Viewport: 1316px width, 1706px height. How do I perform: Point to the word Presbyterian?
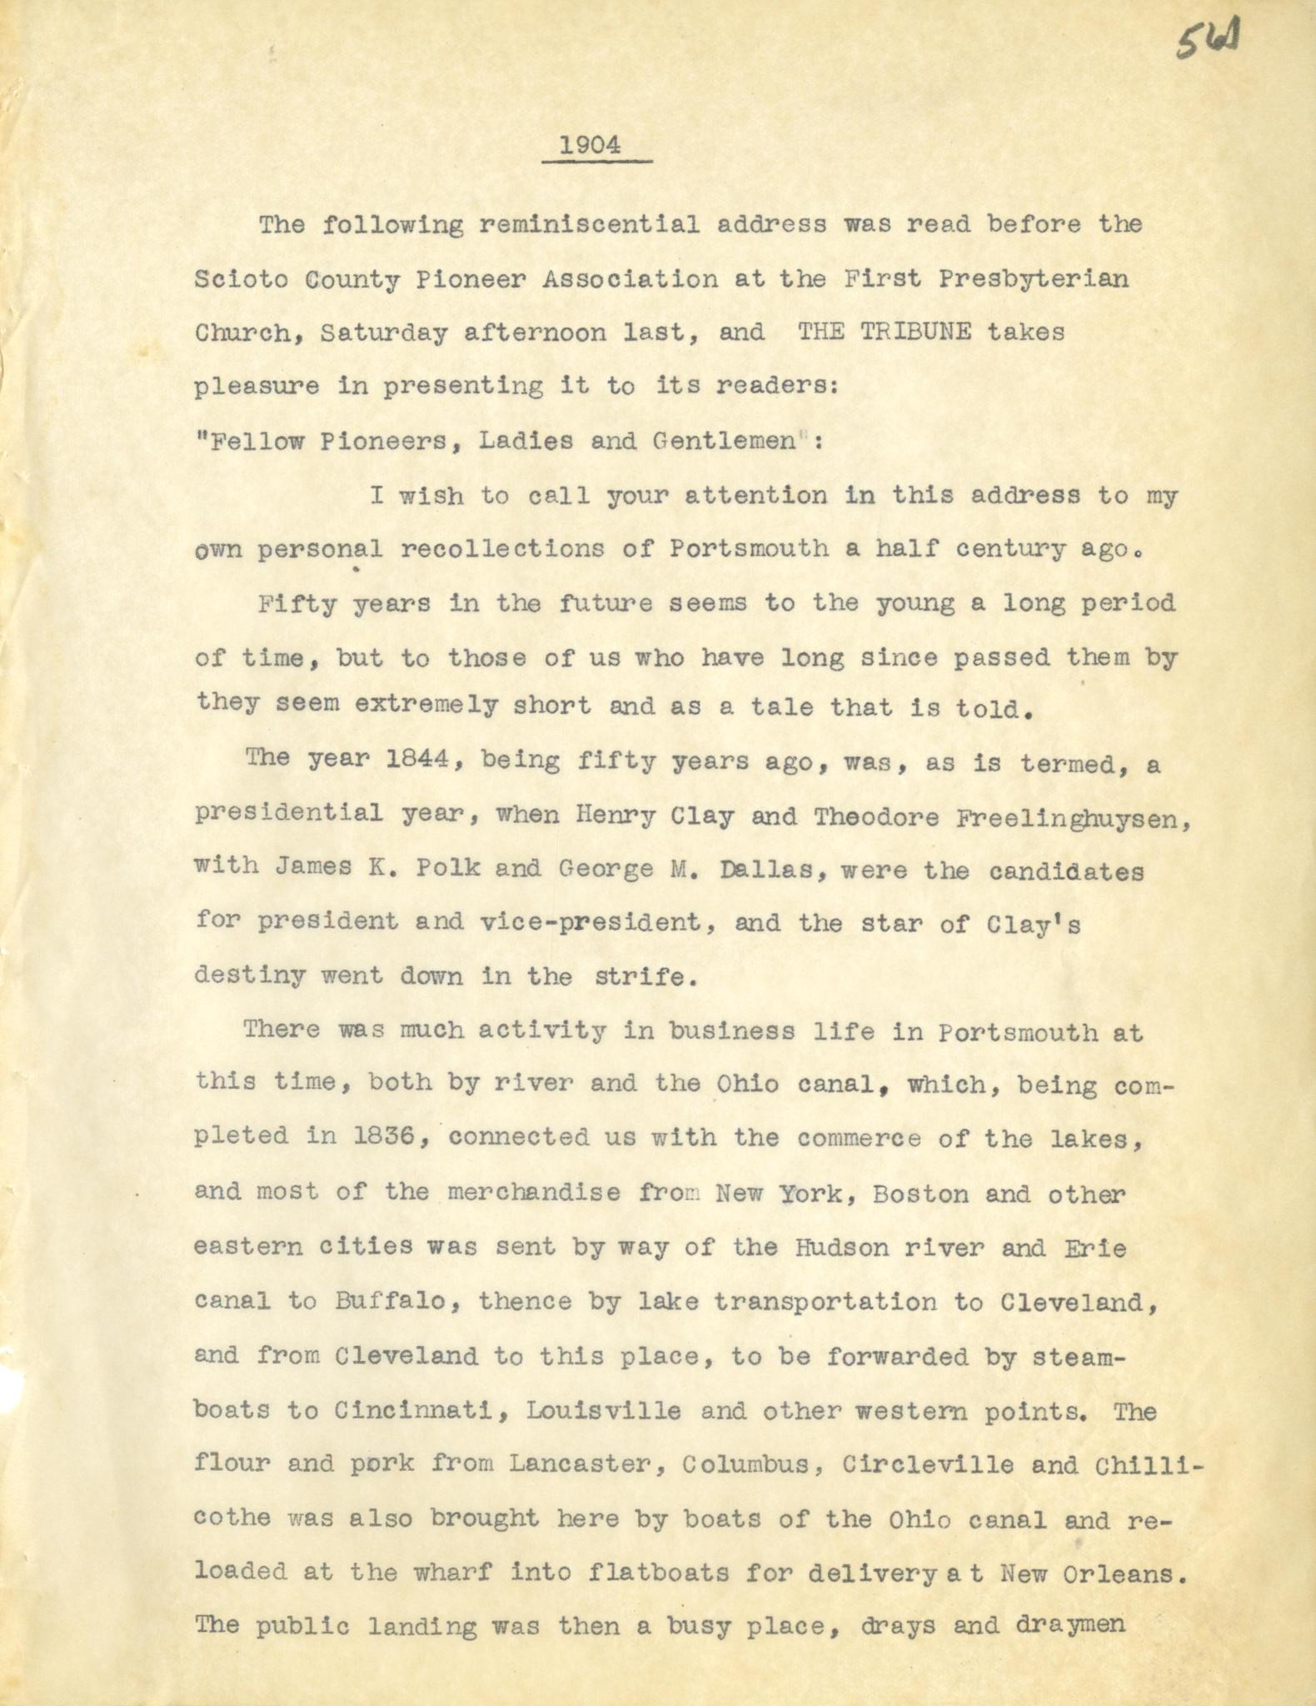[1034, 279]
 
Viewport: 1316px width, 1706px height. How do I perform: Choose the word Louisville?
[604, 1412]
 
